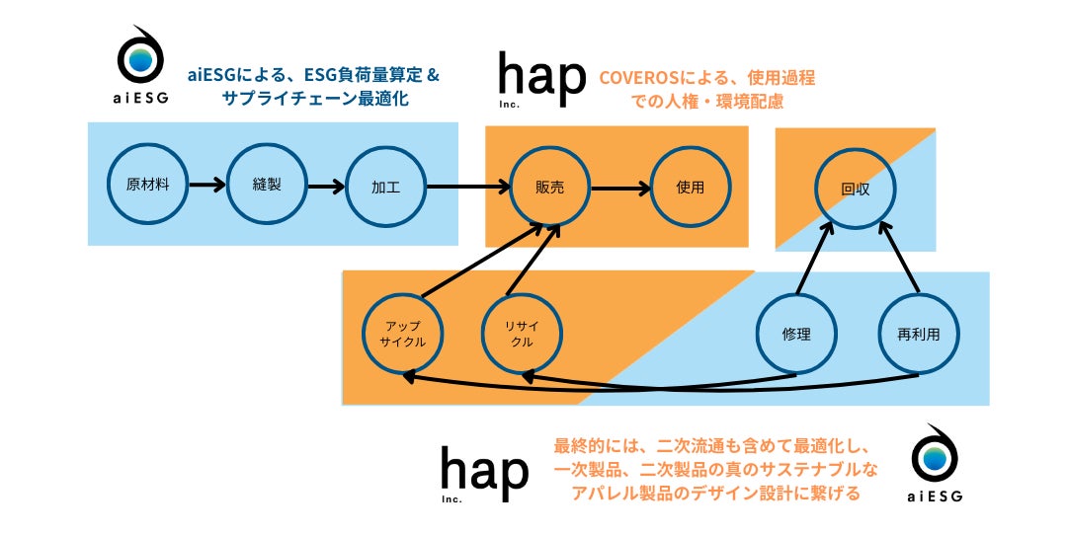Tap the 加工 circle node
coord(385,187)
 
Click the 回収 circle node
coord(855,187)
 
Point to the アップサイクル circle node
coord(402,335)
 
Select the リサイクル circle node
coord(523,335)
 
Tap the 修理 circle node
coord(796,334)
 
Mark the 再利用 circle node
coord(918,334)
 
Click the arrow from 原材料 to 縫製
coord(207,184)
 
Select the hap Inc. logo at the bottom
coord(484,473)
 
